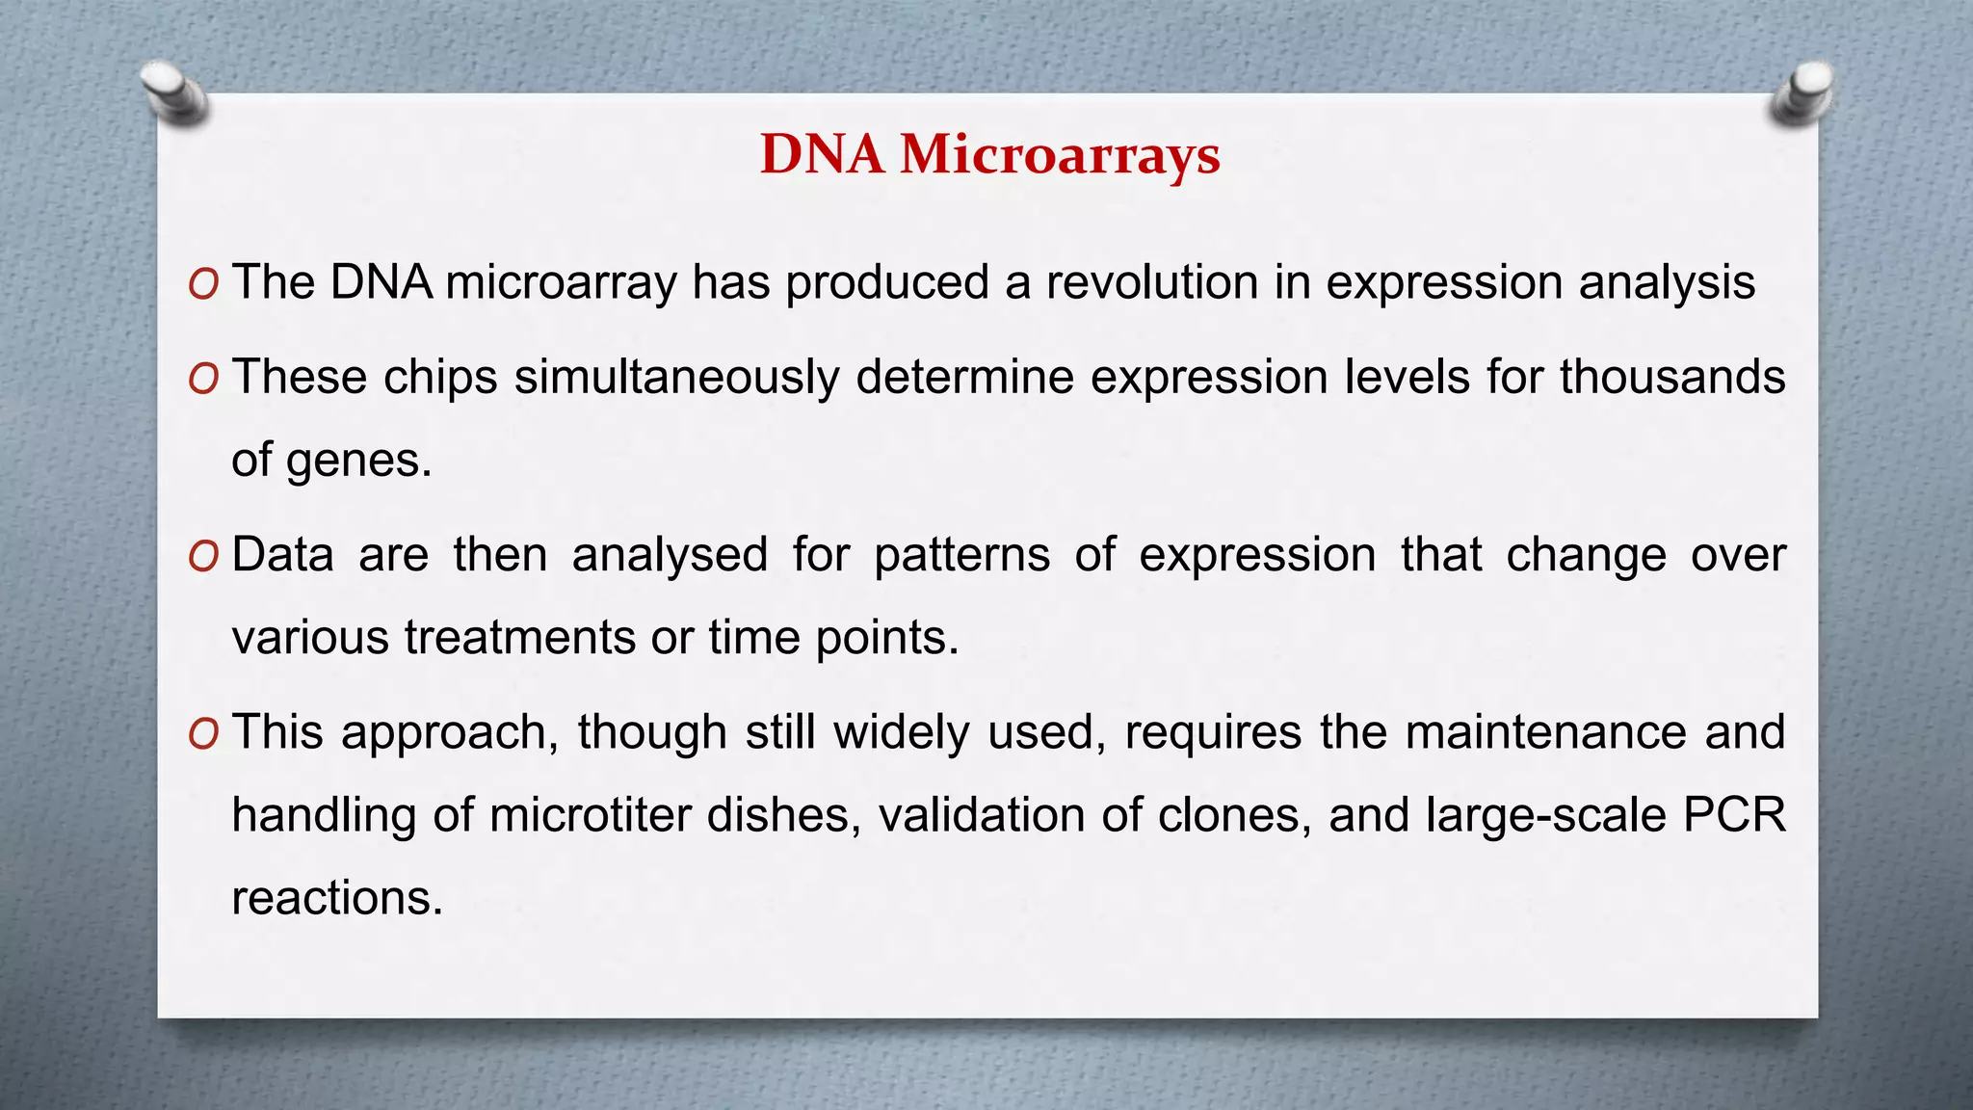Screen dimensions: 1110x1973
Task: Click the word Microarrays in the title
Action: click(1060, 154)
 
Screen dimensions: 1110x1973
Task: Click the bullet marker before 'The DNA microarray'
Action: click(204, 284)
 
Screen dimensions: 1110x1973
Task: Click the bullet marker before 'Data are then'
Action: click(204, 556)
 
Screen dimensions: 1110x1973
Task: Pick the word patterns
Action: click(961, 556)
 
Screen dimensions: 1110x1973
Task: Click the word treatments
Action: click(519, 638)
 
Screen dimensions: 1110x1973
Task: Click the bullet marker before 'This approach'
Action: click(204, 734)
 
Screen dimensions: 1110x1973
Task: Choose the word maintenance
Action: click(1546, 733)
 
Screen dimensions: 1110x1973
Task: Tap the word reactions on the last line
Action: click(336, 899)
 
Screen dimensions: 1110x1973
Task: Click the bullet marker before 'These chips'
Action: click(204, 379)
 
